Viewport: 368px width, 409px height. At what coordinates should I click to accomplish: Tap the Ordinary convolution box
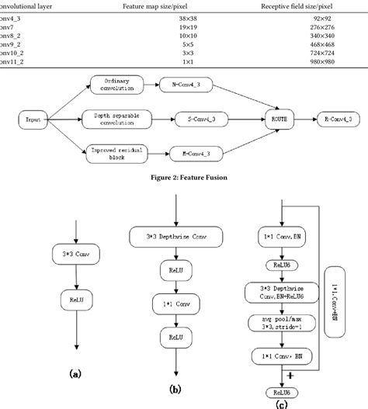(119, 83)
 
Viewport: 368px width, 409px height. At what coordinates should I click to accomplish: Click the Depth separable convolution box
(119, 120)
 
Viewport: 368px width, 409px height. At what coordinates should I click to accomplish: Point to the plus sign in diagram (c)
(289, 375)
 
